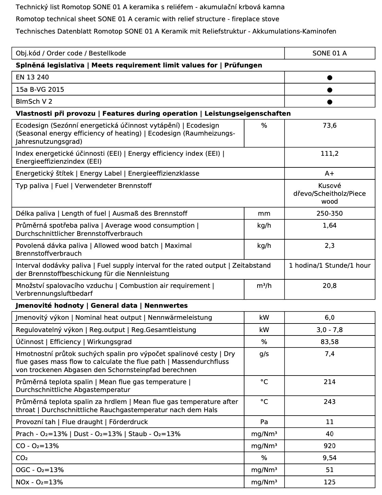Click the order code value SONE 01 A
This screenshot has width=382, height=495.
330,53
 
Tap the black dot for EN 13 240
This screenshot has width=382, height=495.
330,78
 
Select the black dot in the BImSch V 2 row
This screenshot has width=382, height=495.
330,102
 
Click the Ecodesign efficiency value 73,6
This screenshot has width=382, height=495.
330,126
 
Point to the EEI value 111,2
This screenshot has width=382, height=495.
330,154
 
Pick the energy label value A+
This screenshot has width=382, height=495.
330,174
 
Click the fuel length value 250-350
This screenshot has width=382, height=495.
330,214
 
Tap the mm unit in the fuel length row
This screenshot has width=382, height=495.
264,214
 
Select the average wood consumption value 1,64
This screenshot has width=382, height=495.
330,226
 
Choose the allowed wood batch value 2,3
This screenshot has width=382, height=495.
330,246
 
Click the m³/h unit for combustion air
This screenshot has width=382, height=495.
264,286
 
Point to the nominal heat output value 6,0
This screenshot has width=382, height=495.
330,318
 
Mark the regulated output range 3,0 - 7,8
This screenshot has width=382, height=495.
330,330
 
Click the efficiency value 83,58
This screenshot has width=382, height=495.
330,342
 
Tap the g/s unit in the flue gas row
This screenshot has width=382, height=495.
264,354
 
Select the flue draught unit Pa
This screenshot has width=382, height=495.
264,422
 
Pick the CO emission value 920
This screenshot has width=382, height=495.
330,446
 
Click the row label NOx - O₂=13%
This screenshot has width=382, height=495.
39,482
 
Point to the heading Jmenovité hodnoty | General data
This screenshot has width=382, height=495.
102,306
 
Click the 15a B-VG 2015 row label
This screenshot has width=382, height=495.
40,90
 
